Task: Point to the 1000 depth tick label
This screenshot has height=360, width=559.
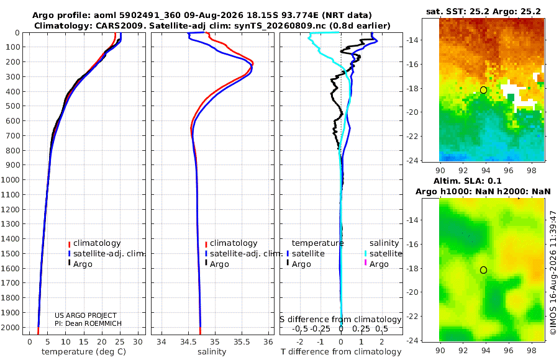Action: pyautogui.click(x=10, y=179)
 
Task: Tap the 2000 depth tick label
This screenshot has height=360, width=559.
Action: pyautogui.click(x=10, y=327)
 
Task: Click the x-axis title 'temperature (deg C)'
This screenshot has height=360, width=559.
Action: pyautogui.click(x=84, y=352)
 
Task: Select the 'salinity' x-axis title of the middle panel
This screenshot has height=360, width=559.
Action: pyautogui.click(x=212, y=352)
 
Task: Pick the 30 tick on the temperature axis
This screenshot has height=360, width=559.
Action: pyautogui.click(x=138, y=342)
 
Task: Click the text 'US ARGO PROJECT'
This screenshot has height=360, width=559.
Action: pyautogui.click(x=86, y=315)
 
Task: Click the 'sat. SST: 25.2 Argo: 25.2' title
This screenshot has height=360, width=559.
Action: pyautogui.click(x=483, y=11)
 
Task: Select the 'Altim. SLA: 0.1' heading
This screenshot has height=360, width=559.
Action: pyautogui.click(x=467, y=181)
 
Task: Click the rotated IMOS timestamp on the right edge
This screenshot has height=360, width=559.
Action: pyautogui.click(x=553, y=272)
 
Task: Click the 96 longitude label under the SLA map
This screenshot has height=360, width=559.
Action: pyautogui.click(x=509, y=350)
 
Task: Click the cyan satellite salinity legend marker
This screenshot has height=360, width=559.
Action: pyautogui.click(x=365, y=253)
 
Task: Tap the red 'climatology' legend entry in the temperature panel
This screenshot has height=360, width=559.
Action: pyautogui.click(x=94, y=243)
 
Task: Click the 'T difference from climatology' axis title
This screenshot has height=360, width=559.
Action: pyautogui.click(x=341, y=352)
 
